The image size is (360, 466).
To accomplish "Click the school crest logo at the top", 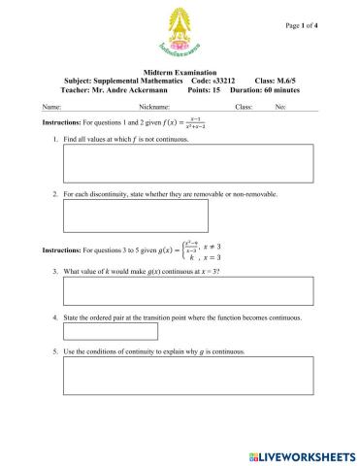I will click(x=180, y=31).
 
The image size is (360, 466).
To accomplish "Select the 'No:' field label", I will click(x=280, y=106).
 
